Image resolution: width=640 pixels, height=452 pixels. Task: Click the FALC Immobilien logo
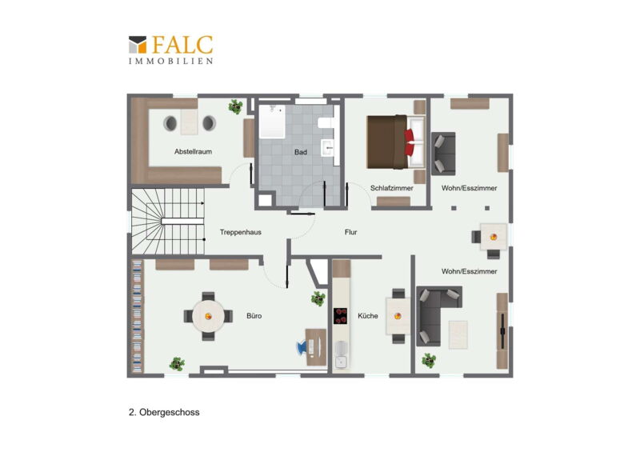click(x=170, y=50)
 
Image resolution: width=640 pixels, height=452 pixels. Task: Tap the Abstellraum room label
click(x=193, y=151)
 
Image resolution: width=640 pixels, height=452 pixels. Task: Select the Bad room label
click(x=301, y=152)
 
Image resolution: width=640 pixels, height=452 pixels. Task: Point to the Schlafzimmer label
click(x=391, y=188)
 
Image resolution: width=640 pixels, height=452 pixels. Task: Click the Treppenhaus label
click(x=241, y=232)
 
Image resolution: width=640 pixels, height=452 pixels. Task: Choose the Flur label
click(x=350, y=232)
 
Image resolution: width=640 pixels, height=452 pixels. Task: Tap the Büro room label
click(x=254, y=316)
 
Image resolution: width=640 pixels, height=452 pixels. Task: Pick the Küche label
click(x=368, y=316)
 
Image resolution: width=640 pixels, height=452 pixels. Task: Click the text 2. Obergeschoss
click(x=164, y=412)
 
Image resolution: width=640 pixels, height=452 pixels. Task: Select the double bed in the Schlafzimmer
click(x=395, y=142)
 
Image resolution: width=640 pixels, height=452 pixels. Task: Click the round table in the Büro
click(x=208, y=316)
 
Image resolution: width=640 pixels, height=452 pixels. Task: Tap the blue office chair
click(x=302, y=346)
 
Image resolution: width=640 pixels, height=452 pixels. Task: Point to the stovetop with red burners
click(x=341, y=316)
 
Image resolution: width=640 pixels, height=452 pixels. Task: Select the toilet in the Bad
click(x=326, y=123)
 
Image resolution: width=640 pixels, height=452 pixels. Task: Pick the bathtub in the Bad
click(x=272, y=121)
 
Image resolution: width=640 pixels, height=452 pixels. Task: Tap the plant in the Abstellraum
click(x=235, y=106)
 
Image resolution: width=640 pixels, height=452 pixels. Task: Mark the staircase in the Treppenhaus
click(x=168, y=221)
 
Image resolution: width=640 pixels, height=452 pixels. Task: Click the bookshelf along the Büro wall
click(x=138, y=317)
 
